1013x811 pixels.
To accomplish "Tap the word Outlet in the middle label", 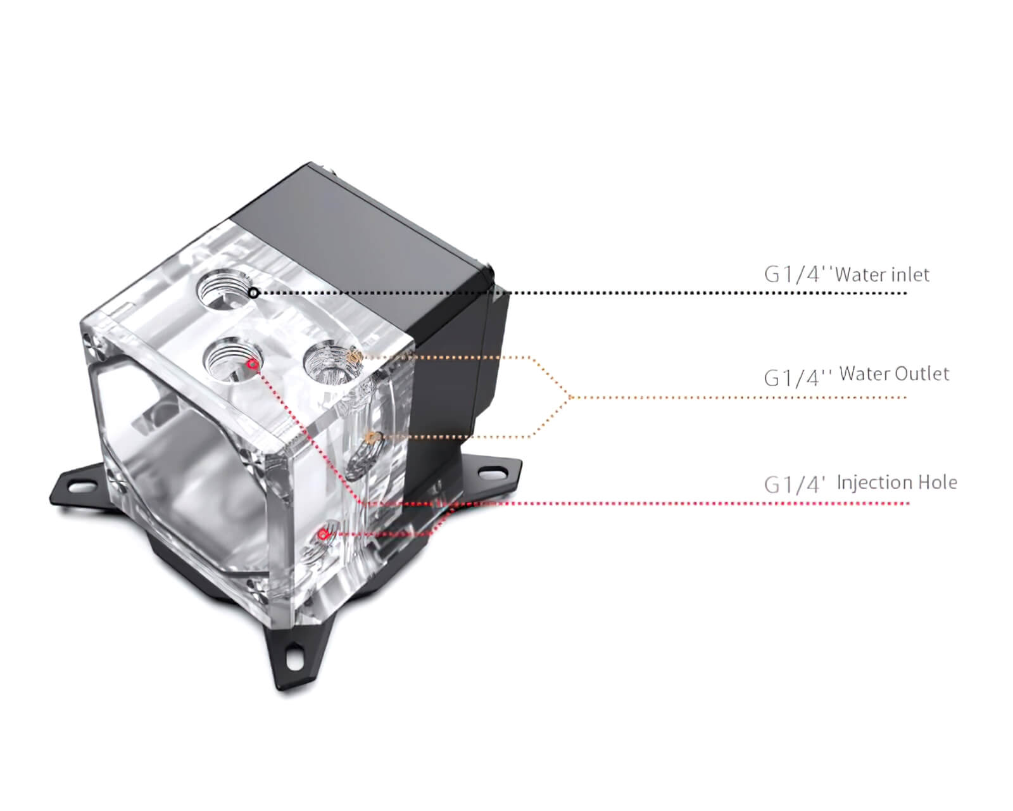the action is pyautogui.click(x=922, y=374).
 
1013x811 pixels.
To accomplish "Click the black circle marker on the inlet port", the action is pyautogui.click(x=254, y=293).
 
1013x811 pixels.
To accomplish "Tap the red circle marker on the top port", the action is pyautogui.click(x=253, y=364).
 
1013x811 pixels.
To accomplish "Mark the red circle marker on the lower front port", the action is pyautogui.click(x=322, y=534).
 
